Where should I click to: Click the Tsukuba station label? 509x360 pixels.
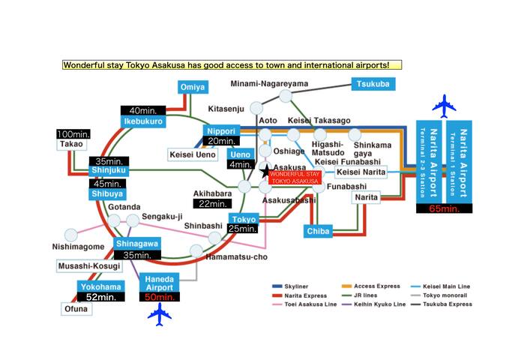pos(373,84)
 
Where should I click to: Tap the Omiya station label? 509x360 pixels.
pos(192,88)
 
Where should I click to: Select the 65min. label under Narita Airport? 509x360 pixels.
pos(444,208)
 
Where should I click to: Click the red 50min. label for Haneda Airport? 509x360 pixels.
pos(160,297)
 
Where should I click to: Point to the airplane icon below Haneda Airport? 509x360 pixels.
pos(160,315)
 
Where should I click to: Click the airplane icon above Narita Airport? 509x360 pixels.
pos(444,106)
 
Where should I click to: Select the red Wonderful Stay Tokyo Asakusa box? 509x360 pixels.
pos(294,177)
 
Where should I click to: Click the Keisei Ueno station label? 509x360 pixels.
pos(194,154)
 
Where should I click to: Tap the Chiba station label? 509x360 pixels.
pos(318,232)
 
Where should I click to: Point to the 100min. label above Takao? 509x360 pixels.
pos(73,133)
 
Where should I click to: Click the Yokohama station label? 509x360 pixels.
pos(99,286)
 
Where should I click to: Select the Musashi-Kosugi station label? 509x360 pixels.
pos(87,266)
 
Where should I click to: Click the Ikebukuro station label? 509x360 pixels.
pos(142,121)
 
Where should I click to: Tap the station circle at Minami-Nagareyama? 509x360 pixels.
pos(285,95)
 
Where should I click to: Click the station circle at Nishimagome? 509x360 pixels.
pos(71,235)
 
